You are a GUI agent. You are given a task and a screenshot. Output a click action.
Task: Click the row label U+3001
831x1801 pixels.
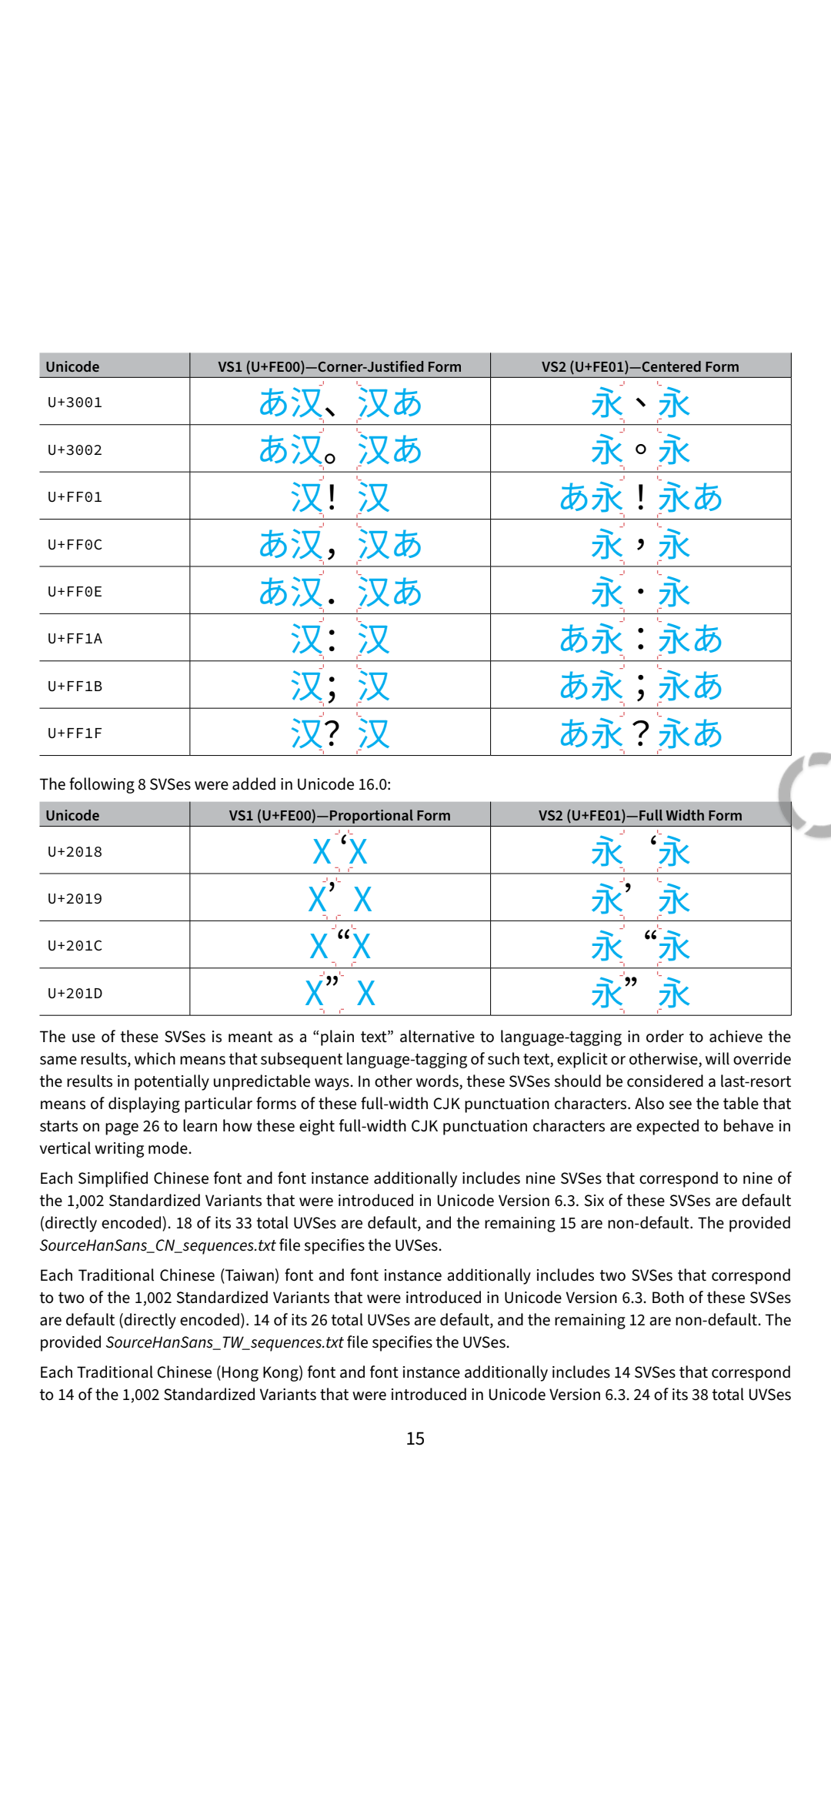[75, 403]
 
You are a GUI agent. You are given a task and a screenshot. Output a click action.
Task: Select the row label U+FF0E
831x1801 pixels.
[75, 592]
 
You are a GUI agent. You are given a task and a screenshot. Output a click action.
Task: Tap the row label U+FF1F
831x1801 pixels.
[75, 733]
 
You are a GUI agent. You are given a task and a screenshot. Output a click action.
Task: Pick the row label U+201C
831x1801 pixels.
[75, 946]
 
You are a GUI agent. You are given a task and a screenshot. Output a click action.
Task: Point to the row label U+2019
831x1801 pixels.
[75, 899]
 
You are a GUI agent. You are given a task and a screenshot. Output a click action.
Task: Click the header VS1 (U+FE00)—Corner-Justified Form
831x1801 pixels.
[339, 366]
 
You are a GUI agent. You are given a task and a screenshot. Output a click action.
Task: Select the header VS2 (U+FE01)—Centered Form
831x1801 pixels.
[640, 366]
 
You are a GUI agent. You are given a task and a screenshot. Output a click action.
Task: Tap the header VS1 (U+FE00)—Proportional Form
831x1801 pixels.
[339, 815]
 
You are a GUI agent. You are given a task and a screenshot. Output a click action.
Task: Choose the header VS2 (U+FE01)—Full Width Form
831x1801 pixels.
[640, 815]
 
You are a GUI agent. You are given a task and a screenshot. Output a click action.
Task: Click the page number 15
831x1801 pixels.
[415, 1438]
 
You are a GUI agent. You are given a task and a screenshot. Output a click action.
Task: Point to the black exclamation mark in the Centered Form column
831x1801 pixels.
[641, 497]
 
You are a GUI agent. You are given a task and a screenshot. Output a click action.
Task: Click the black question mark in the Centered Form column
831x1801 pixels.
[641, 733]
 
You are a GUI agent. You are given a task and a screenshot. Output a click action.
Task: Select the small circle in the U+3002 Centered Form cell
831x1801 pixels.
[641, 449]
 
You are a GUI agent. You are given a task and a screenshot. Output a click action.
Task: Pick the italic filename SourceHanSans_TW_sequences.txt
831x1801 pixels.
[224, 1342]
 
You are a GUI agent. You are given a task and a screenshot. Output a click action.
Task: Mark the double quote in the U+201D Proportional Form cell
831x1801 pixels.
[332, 981]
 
